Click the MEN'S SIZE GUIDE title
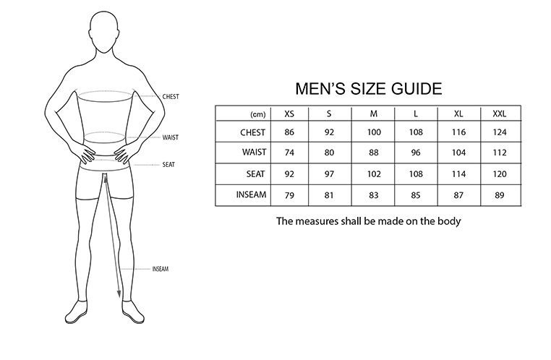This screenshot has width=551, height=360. [369, 89]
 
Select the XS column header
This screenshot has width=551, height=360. [289, 114]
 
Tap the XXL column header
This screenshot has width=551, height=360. [499, 114]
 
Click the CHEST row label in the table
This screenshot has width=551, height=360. [254, 133]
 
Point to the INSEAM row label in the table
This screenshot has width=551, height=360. [251, 194]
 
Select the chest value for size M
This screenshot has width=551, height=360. [374, 133]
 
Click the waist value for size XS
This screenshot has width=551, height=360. [289, 153]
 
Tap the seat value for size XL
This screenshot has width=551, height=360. [458, 174]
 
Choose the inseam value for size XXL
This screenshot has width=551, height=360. [499, 194]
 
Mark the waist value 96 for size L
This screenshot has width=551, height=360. [416, 153]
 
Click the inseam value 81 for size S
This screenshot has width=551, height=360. [329, 194]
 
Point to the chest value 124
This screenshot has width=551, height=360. [499, 133]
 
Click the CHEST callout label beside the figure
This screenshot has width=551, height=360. [171, 96]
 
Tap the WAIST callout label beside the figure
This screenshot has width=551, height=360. [171, 137]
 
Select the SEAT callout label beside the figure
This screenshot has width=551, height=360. [168, 164]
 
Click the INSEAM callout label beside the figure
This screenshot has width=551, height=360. [160, 269]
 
